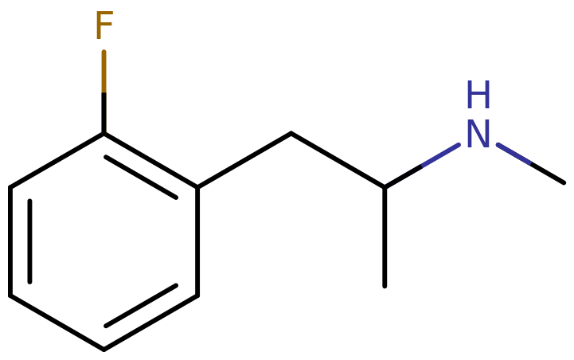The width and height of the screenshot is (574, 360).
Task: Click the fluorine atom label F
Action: click(104, 25)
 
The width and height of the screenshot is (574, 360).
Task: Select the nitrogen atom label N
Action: click(478, 134)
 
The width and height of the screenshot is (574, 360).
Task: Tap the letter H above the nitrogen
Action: click(478, 95)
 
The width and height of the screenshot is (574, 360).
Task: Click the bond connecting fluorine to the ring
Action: click(104, 92)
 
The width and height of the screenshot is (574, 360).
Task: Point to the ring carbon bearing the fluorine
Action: click(104, 134)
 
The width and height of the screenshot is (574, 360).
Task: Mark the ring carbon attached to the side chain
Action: click(197, 188)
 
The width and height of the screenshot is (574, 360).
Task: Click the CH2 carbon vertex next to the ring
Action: click(291, 133)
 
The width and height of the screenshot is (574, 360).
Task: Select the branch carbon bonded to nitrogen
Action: click(385, 188)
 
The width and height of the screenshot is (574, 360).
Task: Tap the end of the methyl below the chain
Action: click(385, 287)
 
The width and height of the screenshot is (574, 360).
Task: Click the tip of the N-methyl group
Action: click(564, 182)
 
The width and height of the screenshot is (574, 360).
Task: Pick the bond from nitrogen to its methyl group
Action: click(531, 163)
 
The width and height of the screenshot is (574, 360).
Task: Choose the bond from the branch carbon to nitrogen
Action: click(422, 166)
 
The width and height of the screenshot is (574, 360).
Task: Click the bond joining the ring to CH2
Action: click(244, 160)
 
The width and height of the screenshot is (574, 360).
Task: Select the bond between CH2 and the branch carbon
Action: click(338, 160)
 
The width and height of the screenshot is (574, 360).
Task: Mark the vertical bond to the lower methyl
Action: click(385, 237)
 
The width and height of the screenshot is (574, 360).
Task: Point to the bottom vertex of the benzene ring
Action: click(104, 350)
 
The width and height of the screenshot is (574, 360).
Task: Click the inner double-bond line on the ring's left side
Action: click(29, 241)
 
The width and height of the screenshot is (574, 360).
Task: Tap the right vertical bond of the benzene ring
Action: click(197, 241)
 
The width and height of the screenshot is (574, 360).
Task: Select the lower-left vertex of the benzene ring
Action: click(10, 295)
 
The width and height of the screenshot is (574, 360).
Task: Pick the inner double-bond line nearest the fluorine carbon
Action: click(141, 178)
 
